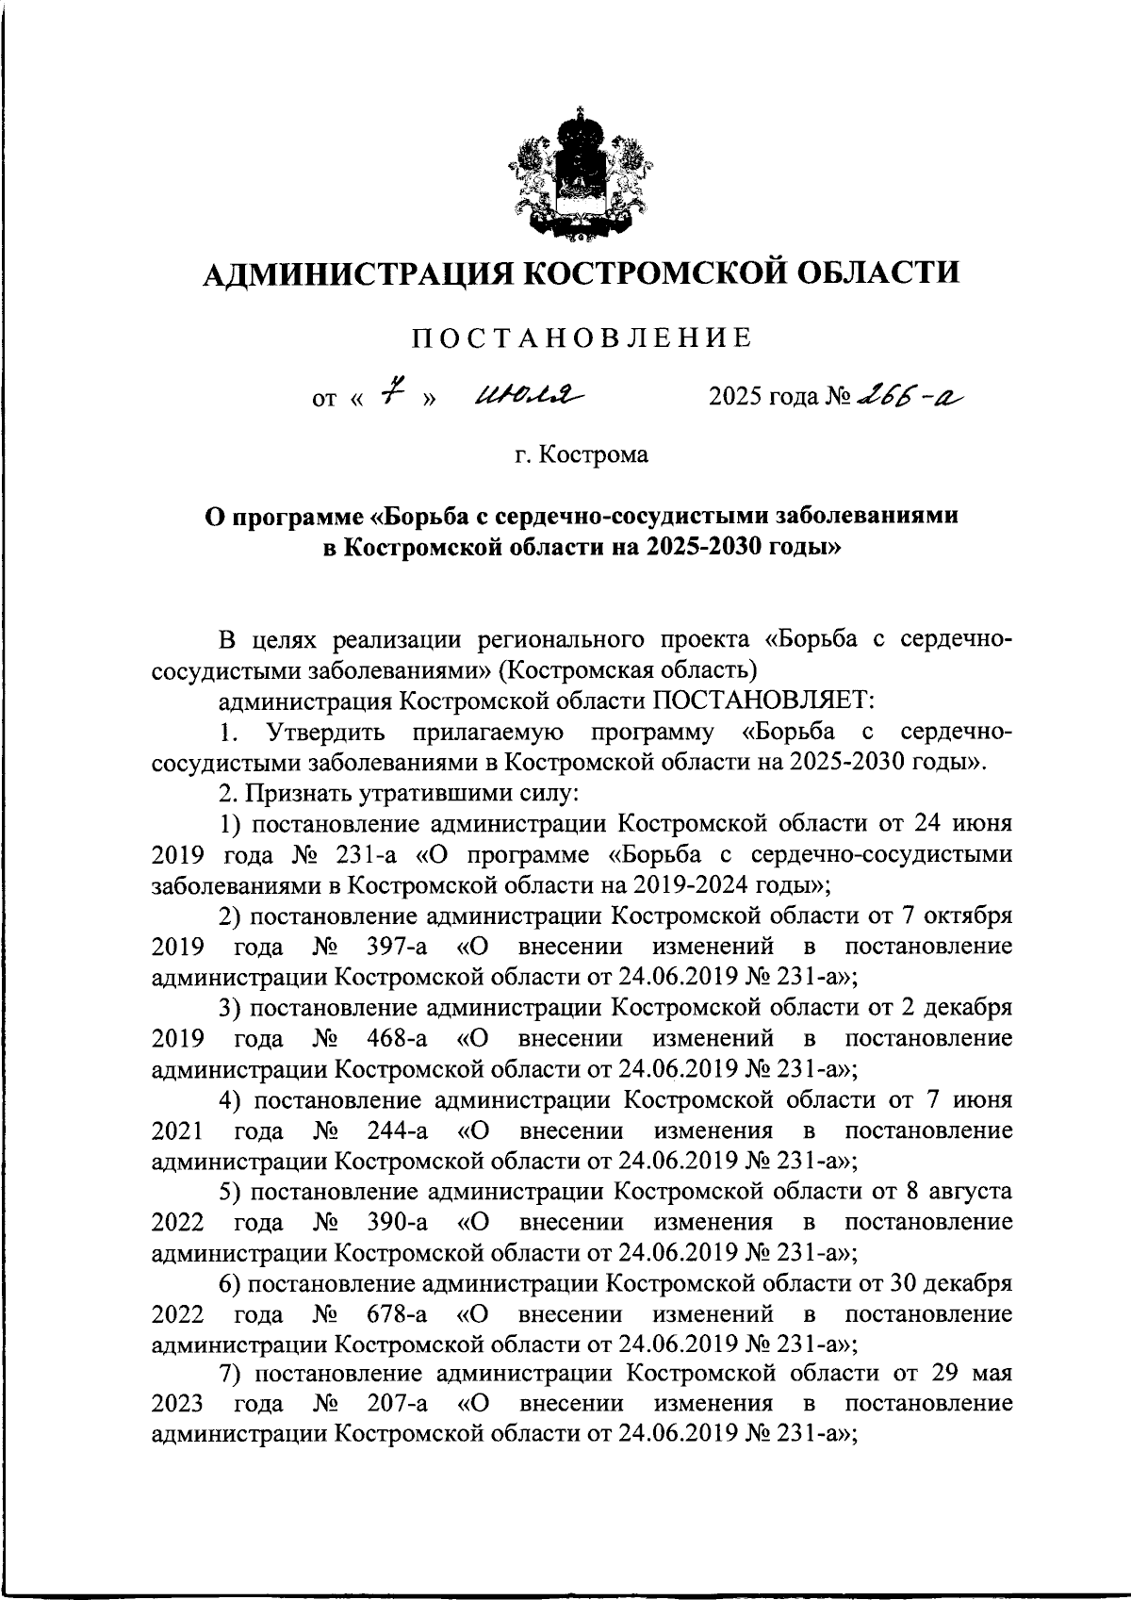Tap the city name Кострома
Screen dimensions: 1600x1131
coord(594,455)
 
